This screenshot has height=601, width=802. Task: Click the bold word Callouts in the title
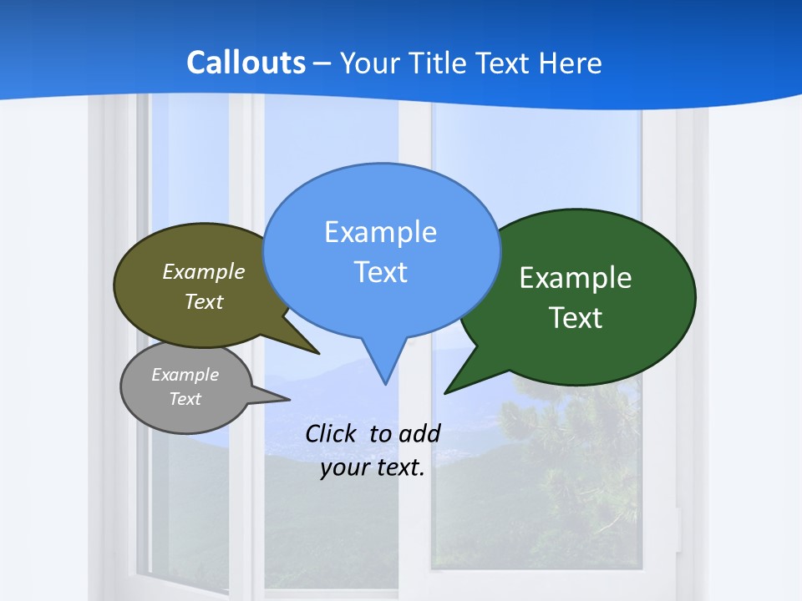pyautogui.click(x=246, y=63)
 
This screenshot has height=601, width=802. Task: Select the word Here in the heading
pyautogui.click(x=570, y=63)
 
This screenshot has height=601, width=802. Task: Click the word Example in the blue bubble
pyautogui.click(x=380, y=232)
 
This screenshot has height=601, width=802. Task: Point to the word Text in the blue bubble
pyautogui.click(x=380, y=272)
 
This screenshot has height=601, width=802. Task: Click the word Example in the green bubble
pyautogui.click(x=576, y=278)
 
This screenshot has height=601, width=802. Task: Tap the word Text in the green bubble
pyautogui.click(x=576, y=318)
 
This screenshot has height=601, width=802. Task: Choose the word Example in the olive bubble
pyautogui.click(x=204, y=271)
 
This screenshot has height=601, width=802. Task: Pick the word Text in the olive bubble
pyautogui.click(x=204, y=301)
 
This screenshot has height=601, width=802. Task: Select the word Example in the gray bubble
pyautogui.click(x=185, y=375)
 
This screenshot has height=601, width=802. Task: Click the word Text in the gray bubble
pyautogui.click(x=185, y=399)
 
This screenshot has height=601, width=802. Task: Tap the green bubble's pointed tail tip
pyautogui.click(x=445, y=392)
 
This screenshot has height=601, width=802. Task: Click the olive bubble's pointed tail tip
pyautogui.click(x=318, y=353)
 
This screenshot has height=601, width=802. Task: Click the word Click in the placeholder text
pyautogui.click(x=332, y=433)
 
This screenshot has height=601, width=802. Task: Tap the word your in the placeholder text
pyautogui.click(x=344, y=467)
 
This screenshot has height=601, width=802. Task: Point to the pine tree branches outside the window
pyautogui.click(x=576, y=434)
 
